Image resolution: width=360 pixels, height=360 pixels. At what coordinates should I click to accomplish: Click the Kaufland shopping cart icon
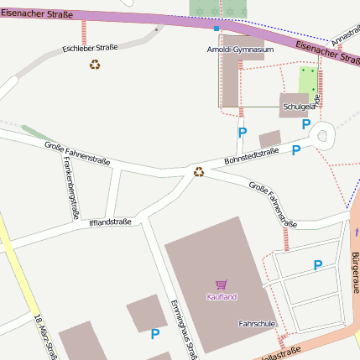(x=222, y=285)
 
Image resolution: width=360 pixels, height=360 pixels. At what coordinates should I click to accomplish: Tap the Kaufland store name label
(x=222, y=297)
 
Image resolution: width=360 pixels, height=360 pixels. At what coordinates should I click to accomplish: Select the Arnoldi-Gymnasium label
(x=240, y=50)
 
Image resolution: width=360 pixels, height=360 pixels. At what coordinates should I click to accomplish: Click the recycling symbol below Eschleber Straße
(x=95, y=64)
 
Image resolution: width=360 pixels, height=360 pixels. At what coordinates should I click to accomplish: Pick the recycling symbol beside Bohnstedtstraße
(x=199, y=172)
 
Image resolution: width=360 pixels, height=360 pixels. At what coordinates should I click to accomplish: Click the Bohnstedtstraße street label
(x=251, y=155)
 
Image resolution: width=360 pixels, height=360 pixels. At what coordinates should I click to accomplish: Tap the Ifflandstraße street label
(x=110, y=222)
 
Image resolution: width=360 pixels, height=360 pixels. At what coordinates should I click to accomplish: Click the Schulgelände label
(x=301, y=107)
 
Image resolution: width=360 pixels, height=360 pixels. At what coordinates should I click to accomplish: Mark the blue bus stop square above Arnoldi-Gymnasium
(x=216, y=29)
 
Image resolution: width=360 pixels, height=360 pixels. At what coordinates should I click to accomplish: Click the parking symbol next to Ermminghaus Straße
(x=154, y=334)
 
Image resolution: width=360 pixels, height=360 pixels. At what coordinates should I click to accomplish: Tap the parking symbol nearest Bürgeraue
(x=317, y=265)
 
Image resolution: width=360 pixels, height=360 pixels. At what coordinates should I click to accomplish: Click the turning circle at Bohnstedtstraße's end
(x=324, y=133)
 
